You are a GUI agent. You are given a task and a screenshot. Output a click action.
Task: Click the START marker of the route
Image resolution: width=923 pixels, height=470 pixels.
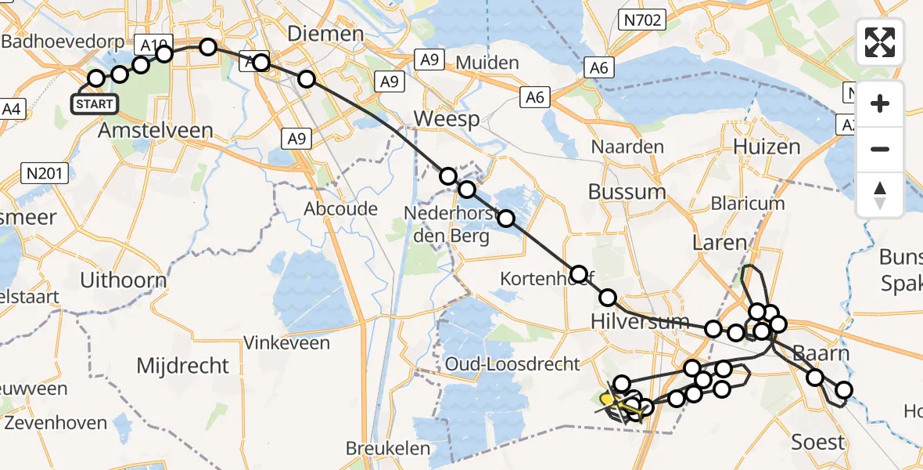[x=95, y=103]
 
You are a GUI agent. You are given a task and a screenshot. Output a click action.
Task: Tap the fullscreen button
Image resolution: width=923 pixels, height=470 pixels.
[x=880, y=42]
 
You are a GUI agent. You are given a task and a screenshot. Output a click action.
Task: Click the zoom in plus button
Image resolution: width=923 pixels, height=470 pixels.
[x=880, y=103]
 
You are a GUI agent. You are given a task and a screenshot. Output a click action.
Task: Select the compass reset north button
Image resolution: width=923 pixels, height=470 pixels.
[x=880, y=195]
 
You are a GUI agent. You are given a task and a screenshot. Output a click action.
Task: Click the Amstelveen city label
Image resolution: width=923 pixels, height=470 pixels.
[x=155, y=131]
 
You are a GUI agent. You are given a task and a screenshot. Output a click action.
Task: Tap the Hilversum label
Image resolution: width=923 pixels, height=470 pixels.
[x=639, y=321]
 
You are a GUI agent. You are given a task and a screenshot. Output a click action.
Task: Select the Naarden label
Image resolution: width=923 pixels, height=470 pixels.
[x=627, y=146]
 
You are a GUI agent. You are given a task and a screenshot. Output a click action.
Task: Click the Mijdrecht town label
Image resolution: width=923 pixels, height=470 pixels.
[x=182, y=365]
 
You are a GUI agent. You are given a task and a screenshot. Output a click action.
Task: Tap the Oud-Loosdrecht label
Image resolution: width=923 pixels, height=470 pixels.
[x=512, y=363]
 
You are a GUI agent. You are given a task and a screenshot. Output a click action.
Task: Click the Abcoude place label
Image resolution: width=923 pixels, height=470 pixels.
[x=340, y=209]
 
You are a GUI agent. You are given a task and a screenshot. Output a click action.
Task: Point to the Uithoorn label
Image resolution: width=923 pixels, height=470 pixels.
[x=124, y=280]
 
